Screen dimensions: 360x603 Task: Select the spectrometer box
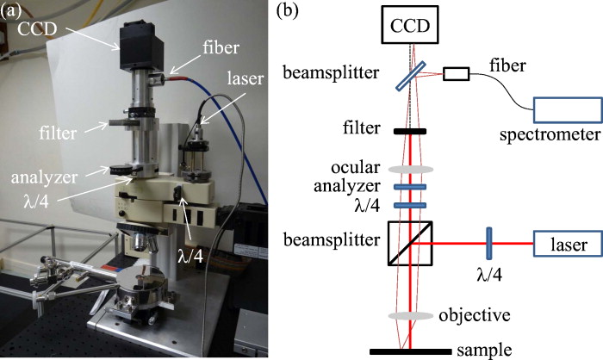(566, 109)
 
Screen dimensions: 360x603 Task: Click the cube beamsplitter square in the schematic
(409, 244)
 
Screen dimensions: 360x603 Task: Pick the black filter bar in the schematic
(409, 133)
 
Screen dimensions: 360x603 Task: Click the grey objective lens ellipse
(409, 316)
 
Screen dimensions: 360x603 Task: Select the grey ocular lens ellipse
(409, 169)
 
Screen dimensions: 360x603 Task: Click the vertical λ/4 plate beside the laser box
(488, 245)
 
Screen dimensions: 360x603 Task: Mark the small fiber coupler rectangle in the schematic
(457, 74)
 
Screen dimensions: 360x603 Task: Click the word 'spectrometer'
(550, 135)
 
